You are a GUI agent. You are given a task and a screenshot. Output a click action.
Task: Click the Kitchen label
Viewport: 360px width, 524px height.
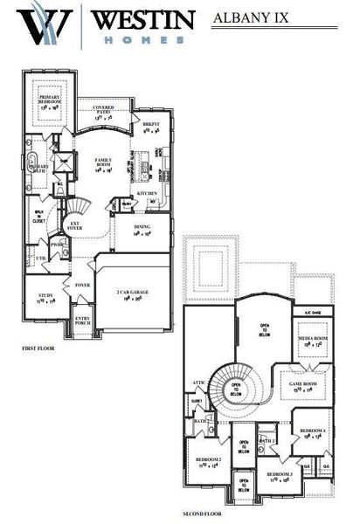(x=147, y=194)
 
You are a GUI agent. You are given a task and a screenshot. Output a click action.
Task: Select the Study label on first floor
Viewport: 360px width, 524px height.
(x=46, y=298)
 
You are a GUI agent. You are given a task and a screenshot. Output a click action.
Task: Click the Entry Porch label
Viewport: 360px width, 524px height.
(x=82, y=321)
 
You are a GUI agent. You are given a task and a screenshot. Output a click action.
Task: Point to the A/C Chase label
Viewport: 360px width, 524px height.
(x=312, y=312)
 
